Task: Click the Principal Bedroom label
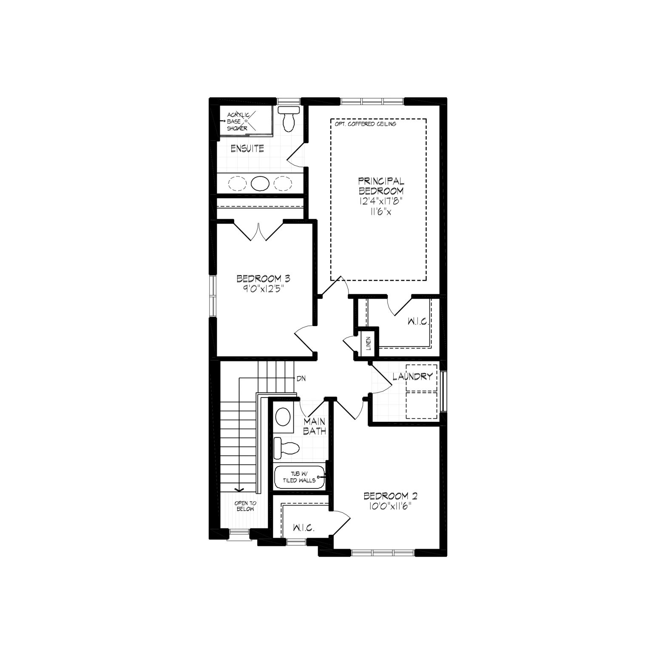(x=381, y=186)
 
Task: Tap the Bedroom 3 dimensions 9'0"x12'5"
(x=263, y=288)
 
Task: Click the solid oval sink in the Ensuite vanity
(x=260, y=183)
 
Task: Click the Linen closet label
(x=369, y=344)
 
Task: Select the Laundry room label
(x=412, y=376)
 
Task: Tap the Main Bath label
(x=315, y=426)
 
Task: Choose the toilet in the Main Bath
(x=287, y=448)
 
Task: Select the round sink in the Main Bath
(x=283, y=417)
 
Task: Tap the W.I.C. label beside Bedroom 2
(x=304, y=528)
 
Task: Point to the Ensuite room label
(x=247, y=148)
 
